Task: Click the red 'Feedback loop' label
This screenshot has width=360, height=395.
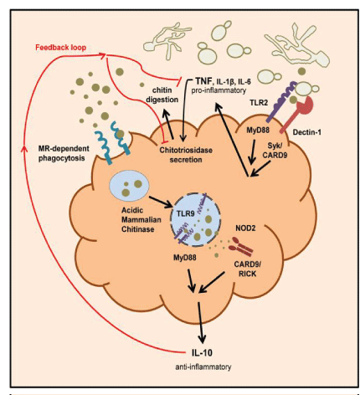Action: [x=60, y=48]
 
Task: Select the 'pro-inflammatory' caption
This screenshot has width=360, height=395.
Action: [x=219, y=90]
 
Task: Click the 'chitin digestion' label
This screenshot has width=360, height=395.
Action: [x=162, y=95]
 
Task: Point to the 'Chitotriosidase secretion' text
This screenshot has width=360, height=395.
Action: [x=186, y=155]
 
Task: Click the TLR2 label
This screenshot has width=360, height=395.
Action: [x=259, y=103]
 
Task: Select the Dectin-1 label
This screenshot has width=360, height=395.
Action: [x=306, y=132]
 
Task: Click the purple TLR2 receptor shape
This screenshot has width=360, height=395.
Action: [x=280, y=102]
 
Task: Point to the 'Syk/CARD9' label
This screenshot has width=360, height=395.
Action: [x=275, y=150]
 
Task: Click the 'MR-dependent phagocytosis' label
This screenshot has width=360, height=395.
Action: [x=64, y=153]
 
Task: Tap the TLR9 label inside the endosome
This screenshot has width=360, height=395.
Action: [x=186, y=214]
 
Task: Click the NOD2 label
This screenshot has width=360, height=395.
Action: [x=245, y=228]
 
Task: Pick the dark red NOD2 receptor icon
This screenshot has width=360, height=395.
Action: [x=240, y=247]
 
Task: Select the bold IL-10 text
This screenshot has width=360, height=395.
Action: [x=202, y=353]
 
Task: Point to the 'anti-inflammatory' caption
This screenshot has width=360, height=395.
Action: [x=203, y=367]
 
